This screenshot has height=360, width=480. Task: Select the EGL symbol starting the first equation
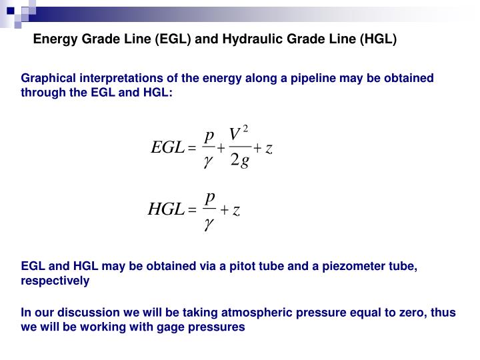167,149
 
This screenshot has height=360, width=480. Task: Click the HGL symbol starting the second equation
165,210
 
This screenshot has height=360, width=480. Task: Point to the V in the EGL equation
235,135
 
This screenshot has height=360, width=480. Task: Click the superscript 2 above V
245,127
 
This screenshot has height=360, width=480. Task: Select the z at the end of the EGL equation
269,149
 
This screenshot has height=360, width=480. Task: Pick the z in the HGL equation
236,210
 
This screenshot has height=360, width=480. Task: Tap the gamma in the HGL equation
209,225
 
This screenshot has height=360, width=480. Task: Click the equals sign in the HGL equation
193,211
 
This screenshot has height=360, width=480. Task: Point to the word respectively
55,281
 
